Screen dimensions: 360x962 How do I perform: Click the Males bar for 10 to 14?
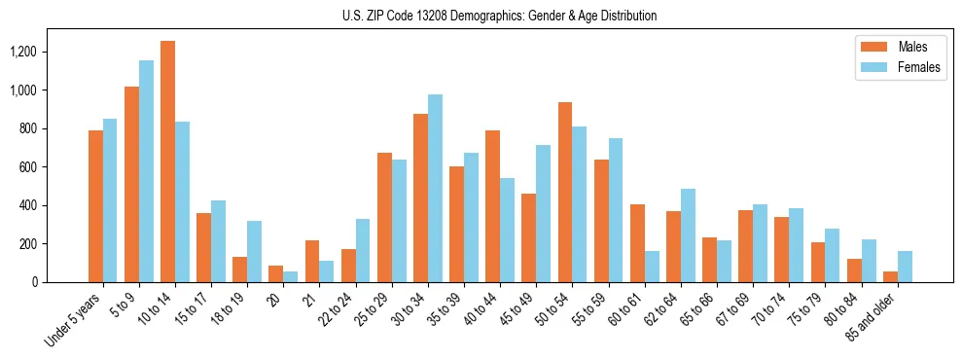(x=168, y=162)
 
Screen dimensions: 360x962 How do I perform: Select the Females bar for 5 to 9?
(x=146, y=171)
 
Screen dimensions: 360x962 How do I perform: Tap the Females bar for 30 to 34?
(x=435, y=188)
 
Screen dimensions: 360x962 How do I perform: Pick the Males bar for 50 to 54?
(x=565, y=192)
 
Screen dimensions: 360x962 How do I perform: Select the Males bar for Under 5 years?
(x=95, y=206)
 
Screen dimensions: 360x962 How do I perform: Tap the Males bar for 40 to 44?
(x=493, y=206)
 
